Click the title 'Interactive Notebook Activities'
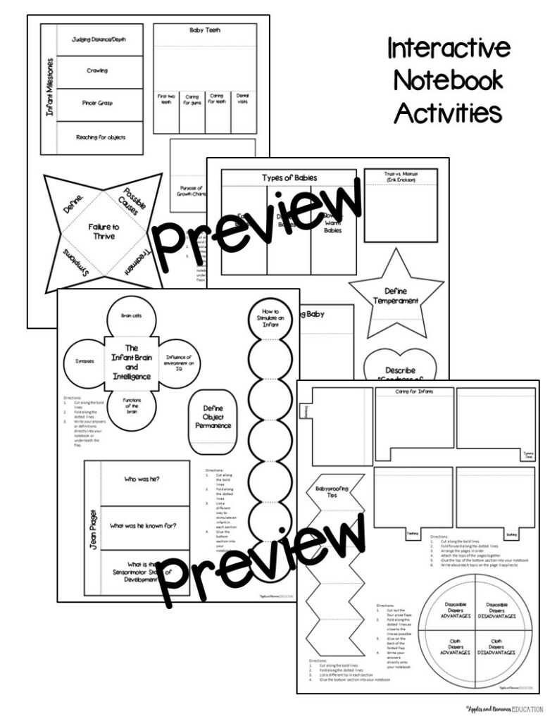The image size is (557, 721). (448, 80)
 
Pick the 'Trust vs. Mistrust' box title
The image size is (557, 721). (400, 175)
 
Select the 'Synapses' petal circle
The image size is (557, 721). (85, 361)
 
